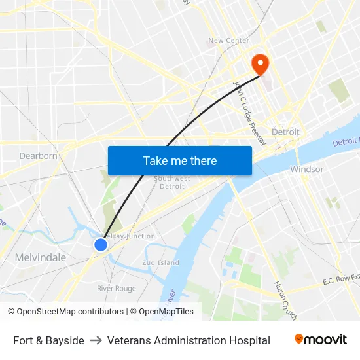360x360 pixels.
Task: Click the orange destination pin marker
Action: (x=261, y=63)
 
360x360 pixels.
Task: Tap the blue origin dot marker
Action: (x=100, y=245)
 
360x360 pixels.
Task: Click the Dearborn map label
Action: (x=39, y=156)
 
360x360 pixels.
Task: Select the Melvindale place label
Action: (x=41, y=257)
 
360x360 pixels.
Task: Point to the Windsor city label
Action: (x=306, y=169)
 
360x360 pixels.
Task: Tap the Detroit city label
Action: (x=285, y=132)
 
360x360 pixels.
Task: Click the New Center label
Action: (x=228, y=41)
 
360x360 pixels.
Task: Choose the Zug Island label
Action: (x=160, y=262)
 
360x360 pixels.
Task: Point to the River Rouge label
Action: (x=116, y=289)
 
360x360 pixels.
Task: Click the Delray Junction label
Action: (x=131, y=236)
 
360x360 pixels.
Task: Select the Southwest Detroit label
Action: (x=172, y=182)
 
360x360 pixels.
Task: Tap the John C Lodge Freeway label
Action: (x=250, y=113)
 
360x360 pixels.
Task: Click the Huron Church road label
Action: (x=286, y=302)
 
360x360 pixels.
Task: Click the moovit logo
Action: (x=320, y=340)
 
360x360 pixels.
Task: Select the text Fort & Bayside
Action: (x=48, y=340)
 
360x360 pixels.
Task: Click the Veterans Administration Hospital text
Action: (x=189, y=340)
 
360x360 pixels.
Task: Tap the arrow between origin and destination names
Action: (x=96, y=340)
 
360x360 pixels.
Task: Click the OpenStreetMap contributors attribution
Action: (x=65, y=312)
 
